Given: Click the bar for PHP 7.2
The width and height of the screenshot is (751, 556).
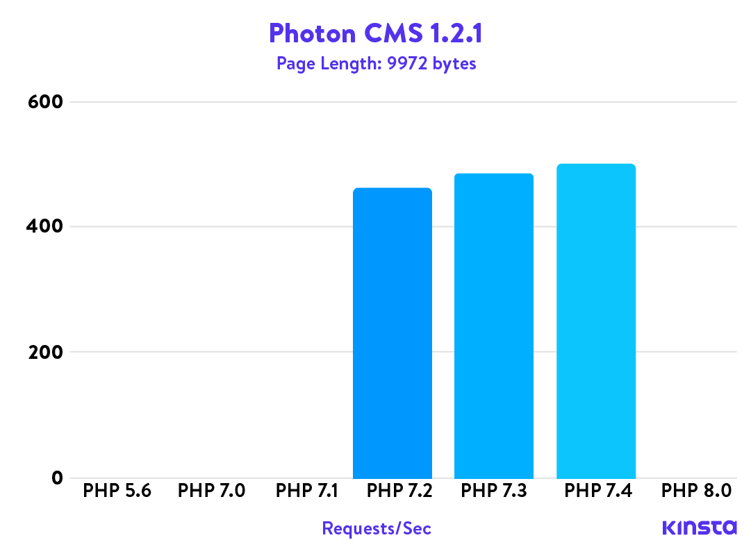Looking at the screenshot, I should (393, 333).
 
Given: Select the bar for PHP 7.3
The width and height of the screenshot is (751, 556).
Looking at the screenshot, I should (494, 326).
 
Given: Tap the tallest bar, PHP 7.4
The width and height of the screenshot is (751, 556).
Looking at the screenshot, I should (596, 321).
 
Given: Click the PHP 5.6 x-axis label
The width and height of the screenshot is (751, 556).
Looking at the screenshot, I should (117, 491).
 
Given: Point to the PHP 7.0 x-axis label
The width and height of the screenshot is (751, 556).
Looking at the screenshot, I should (211, 491).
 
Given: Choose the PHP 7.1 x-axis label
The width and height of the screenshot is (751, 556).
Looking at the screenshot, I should (306, 491).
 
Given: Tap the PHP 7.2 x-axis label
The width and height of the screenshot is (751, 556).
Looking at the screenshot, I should (399, 491).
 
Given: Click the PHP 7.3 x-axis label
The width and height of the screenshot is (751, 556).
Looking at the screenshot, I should (494, 491).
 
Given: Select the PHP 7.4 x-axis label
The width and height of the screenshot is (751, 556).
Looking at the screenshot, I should (597, 491).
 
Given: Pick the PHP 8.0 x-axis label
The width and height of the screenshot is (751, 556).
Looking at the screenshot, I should (696, 491).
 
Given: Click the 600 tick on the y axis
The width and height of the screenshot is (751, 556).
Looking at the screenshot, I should (45, 102).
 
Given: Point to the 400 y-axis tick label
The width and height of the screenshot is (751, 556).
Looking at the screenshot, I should (45, 227).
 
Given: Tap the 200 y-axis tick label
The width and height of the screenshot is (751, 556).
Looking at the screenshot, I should (45, 352).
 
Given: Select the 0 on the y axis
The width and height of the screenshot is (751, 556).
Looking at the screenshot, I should (56, 478).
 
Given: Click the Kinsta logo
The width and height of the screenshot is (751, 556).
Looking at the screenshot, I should (699, 528).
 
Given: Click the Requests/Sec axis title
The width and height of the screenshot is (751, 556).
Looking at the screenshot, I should (377, 529).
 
